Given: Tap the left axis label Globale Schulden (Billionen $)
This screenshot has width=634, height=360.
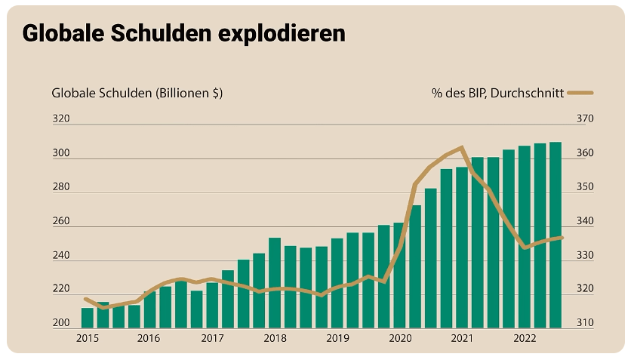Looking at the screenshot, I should pyautogui.click(x=137, y=93).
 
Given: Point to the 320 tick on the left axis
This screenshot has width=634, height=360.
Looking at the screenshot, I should pyautogui.click(x=60, y=119).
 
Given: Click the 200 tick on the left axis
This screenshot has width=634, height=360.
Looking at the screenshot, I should pyautogui.click(x=60, y=323).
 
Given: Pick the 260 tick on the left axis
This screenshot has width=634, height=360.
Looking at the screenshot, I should pyautogui.click(x=60, y=221).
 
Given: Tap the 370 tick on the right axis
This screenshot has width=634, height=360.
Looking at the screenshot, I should pyautogui.click(x=586, y=119).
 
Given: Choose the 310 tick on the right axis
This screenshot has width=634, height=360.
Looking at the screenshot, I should pyautogui.click(x=586, y=323).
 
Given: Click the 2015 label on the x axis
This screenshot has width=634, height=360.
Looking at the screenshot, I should pyautogui.click(x=87, y=339).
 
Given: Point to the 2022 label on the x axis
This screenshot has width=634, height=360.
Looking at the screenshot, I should pyautogui.click(x=525, y=339).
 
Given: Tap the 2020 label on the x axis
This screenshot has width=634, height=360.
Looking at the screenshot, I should pyautogui.click(x=399, y=339).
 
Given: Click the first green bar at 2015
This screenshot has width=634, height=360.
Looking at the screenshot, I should pyautogui.click(x=87, y=318).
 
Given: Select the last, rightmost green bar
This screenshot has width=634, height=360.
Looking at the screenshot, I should pyautogui.click(x=556, y=235).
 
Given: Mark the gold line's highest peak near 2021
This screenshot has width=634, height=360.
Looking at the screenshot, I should pyautogui.click(x=461, y=147).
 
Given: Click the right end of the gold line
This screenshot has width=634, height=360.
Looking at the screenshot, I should pyautogui.click(x=562, y=238).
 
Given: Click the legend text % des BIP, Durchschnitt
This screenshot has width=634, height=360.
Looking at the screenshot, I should pyautogui.click(x=497, y=93).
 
